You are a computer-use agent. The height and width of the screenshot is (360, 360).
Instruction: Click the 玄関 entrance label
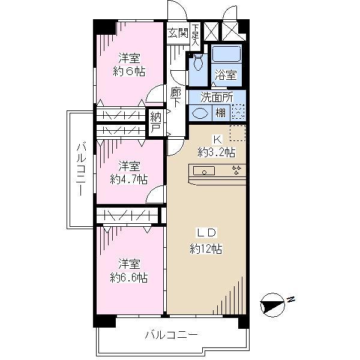tap(178, 33)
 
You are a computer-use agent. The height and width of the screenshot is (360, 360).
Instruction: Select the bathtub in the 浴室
tap(226, 55)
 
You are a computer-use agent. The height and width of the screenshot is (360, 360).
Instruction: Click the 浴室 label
tap(226, 76)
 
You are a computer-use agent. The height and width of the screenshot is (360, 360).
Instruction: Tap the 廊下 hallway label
tap(176, 97)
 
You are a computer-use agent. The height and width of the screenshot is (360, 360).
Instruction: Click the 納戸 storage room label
tap(156, 122)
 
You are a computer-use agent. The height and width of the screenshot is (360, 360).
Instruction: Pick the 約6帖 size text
tap(129, 71)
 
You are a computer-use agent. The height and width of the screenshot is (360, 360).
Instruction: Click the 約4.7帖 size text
tap(129, 179)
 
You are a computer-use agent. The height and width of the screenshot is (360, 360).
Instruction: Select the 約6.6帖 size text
tap(129, 277)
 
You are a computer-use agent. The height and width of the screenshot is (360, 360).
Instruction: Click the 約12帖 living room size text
tap(206, 249)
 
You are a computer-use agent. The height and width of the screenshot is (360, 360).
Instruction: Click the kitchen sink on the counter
tap(205, 172)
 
